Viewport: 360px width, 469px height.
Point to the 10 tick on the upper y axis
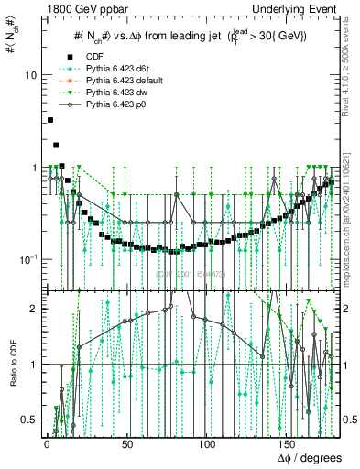29,74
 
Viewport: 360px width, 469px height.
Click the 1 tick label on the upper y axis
33,168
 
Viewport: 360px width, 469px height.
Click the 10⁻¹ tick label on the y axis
27,259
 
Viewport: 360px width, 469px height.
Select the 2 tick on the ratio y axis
33,309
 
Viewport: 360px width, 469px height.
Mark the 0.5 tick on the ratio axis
29,420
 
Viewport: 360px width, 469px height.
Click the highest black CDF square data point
49,120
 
